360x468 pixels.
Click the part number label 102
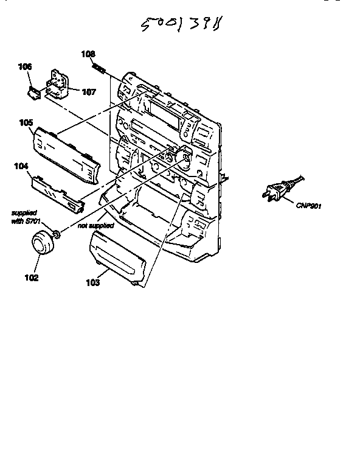point(31,278)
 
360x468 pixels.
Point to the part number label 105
point(26,122)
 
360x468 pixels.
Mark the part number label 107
point(89,93)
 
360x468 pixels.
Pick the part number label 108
point(89,54)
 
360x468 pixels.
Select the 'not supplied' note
point(95,225)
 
